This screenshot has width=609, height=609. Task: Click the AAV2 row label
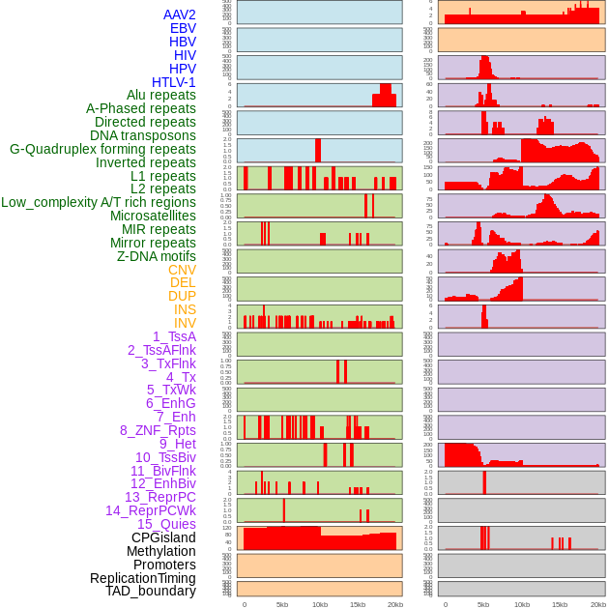(180, 14)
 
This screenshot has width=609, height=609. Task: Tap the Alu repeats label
(160, 95)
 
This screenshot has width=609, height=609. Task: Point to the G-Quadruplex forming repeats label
(102, 149)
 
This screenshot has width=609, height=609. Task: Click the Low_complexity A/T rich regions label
(99, 202)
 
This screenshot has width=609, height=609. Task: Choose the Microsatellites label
(153, 216)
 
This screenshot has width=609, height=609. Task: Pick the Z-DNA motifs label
(156, 256)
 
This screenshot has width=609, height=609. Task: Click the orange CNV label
(182, 270)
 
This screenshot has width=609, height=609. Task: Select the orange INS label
(185, 309)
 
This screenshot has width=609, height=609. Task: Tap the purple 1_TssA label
(174, 336)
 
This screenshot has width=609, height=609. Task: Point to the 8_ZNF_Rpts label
(158, 430)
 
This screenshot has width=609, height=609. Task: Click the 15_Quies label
(166, 524)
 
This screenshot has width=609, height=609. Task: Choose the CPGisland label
(163, 537)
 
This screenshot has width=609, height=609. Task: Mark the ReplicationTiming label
(142, 578)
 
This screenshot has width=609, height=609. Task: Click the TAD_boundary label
(151, 591)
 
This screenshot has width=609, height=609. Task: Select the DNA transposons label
(143, 135)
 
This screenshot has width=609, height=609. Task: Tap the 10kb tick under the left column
(319, 604)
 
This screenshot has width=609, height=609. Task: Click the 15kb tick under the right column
(560, 604)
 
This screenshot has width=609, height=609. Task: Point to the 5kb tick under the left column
(282, 604)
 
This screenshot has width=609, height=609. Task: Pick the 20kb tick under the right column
(597, 604)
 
